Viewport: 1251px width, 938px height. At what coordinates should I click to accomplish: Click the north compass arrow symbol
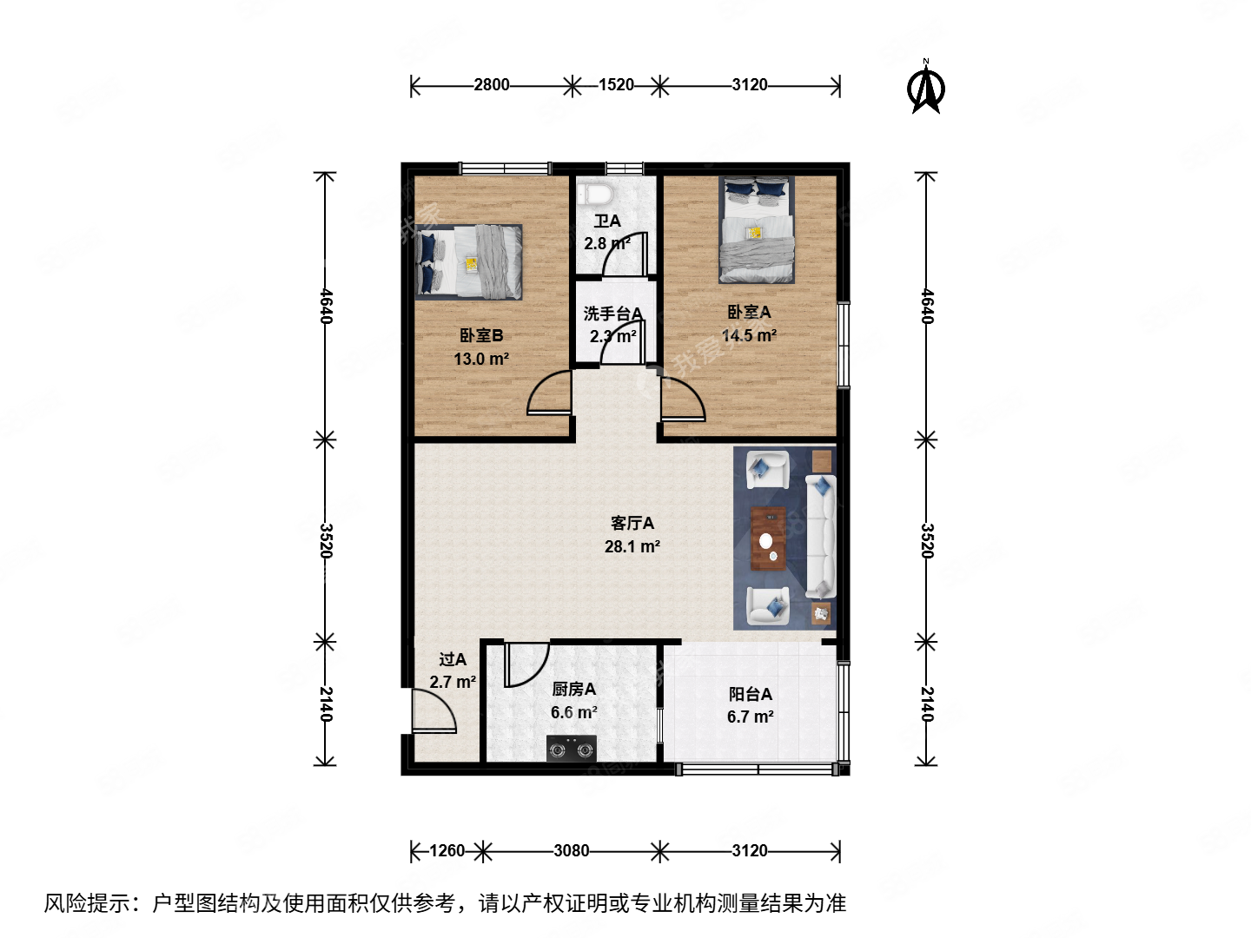pos(926,88)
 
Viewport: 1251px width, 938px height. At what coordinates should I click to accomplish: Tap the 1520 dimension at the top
pos(616,85)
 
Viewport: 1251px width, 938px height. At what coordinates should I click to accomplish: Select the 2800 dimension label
pos(492,85)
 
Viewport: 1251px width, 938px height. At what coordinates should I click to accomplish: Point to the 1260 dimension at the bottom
pos(447,851)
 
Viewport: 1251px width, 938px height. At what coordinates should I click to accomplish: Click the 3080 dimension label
pos(572,851)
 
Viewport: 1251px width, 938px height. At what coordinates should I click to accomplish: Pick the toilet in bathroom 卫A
pos(595,193)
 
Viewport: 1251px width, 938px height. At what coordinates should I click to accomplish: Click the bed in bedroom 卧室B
pos(469,261)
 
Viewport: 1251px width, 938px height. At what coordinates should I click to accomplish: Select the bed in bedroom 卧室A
pos(757,230)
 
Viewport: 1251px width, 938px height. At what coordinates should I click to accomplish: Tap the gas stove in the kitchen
pos(571,747)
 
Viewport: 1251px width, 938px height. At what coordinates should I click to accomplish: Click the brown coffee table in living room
pos(768,538)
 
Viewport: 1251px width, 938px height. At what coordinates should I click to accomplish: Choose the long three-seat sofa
pos(820,537)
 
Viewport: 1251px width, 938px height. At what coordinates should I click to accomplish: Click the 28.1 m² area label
pos(632,547)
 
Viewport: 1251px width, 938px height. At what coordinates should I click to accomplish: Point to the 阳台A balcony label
pos(750,694)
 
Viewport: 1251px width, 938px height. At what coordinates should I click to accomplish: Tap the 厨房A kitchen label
pos(573,690)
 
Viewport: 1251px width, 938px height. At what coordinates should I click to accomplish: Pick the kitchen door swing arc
pos(526,664)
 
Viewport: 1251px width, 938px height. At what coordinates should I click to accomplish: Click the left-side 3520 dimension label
pos(326,540)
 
